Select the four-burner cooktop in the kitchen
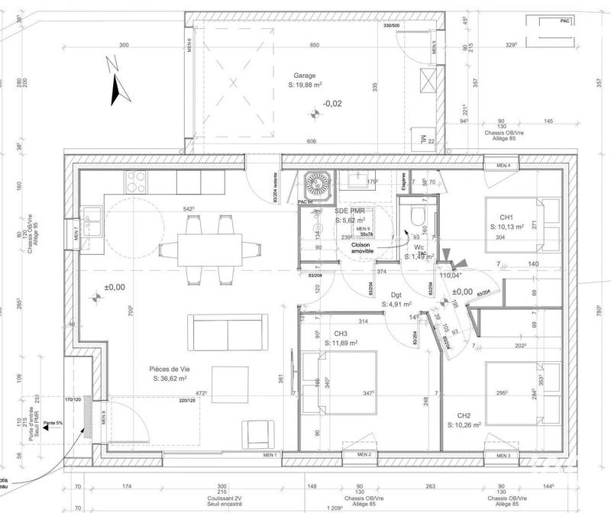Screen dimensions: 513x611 pos(136,181)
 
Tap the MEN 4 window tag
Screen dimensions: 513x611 pos(503,166)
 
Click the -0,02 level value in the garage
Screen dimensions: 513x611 pos(332,103)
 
